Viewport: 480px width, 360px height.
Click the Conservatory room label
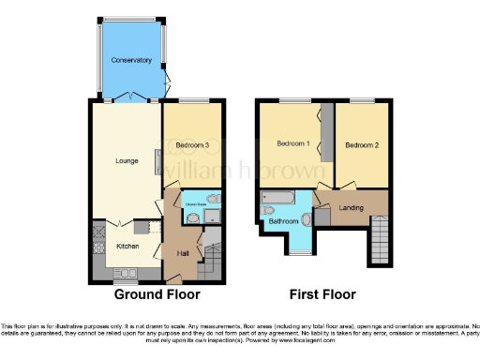pyautogui.click(x=130, y=61)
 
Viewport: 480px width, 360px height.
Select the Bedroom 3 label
pyautogui.click(x=192, y=145)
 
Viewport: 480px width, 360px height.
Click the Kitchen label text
pyautogui.click(x=127, y=246)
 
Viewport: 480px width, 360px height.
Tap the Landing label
pyautogui.click(x=352, y=207)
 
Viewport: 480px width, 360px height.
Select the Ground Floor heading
pyautogui.click(x=157, y=294)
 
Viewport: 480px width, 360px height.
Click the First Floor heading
pyautogui.click(x=322, y=294)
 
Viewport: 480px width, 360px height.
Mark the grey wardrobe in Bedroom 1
pyautogui.click(x=325, y=136)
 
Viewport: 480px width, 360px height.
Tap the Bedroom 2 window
pyautogui.click(x=362, y=99)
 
